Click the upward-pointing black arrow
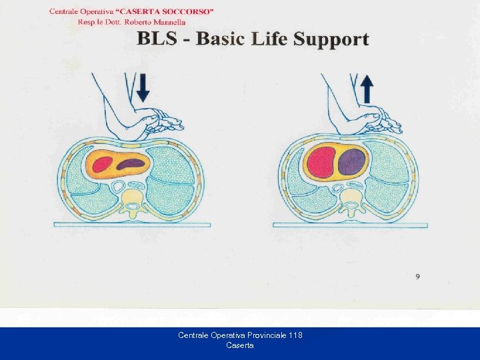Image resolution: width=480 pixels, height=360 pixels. pos(366,88)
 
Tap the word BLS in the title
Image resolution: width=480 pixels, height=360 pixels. pos(157,38)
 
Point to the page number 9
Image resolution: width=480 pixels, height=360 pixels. pos(417,277)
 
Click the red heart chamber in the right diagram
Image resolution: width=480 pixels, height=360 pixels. pos(321,162)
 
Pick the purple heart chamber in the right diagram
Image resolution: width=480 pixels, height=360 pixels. pos(351,162)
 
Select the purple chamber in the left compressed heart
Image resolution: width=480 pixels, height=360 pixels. pos(131,163)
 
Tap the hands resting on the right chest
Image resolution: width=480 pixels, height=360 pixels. pos(377,121)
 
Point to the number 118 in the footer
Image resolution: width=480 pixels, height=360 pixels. pos(293,335)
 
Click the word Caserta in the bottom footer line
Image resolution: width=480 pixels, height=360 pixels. pos(240,345)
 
